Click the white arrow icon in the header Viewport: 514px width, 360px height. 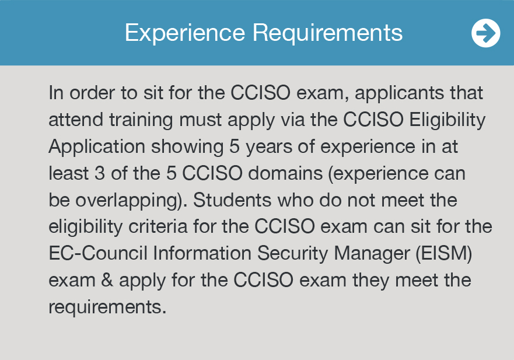coord(486,33)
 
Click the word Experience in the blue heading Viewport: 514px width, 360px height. coord(185,33)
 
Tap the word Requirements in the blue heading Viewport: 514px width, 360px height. coord(327,33)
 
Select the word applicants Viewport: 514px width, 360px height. coord(399,94)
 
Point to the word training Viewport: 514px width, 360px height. coord(141,120)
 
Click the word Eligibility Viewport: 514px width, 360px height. coord(447,120)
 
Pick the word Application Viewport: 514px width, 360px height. coord(97,147)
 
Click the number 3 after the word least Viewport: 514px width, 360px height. coord(100,173)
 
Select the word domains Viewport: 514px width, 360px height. coord(285,173)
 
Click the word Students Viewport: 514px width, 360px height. coord(232,200)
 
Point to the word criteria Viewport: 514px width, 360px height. coord(158,227)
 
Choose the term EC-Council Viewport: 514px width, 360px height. coord(98,253)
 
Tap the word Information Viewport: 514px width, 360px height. coord(202,253)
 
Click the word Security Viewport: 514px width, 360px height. coord(292,254)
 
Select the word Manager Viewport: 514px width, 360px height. coord(372,254)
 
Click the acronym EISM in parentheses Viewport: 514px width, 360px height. coord(444,253)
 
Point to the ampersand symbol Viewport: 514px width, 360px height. coord(107,280)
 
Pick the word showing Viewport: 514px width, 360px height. coord(187,147)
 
